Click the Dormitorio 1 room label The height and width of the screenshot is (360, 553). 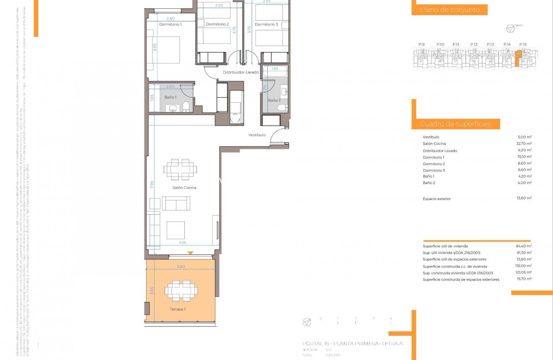click(x=170, y=24)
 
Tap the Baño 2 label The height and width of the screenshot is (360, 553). click(x=274, y=100)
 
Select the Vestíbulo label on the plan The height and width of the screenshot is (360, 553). click(x=257, y=135)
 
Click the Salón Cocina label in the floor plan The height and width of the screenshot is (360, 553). click(x=184, y=188)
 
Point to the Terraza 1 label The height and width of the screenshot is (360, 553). click(x=178, y=309)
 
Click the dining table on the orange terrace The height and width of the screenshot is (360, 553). click(x=181, y=290)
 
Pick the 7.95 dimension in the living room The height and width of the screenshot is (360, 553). click(x=152, y=185)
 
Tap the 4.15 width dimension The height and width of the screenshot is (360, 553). click(x=183, y=242)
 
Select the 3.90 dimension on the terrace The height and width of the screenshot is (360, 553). click(x=181, y=267)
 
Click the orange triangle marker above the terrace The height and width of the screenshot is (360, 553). click(x=190, y=253)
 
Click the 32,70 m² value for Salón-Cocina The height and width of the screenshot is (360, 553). click(x=524, y=143)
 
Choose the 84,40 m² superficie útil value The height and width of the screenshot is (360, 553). click(x=524, y=246)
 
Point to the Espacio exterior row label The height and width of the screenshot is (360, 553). click(x=437, y=199)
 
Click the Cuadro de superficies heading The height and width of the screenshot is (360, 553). click(x=455, y=124)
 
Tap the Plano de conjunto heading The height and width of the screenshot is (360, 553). click(x=450, y=10)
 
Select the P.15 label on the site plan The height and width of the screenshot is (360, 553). click(x=522, y=44)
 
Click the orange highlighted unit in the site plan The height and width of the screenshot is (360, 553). click(x=518, y=58)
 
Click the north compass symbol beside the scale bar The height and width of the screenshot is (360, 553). click(x=307, y=322)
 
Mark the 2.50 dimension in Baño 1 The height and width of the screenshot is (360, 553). click(x=170, y=86)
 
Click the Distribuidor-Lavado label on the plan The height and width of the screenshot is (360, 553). click(x=240, y=72)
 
